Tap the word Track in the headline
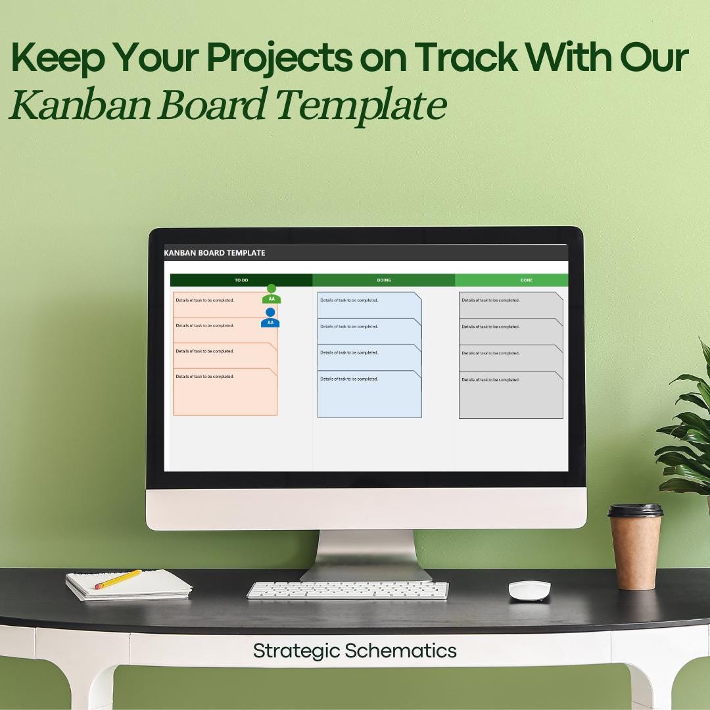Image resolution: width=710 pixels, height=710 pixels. [x=453, y=59]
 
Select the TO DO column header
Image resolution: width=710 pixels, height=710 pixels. [x=241, y=280]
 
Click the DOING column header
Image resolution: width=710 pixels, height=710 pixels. [x=384, y=280]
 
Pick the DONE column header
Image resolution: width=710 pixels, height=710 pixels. [x=526, y=280]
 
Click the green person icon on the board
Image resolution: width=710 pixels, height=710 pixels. [x=272, y=294]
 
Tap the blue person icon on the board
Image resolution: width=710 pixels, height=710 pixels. [x=270, y=318]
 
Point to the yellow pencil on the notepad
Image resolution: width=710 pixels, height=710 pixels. [x=118, y=579]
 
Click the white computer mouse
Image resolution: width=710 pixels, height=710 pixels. [x=529, y=589]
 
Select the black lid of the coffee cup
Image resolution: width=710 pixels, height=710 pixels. [x=635, y=510]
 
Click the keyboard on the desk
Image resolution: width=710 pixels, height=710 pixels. [x=348, y=590]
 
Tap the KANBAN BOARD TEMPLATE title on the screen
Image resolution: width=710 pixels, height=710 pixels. [x=214, y=252]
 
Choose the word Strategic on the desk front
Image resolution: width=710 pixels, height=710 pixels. [x=296, y=651]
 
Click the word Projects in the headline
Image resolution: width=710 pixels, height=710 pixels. [x=280, y=59]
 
